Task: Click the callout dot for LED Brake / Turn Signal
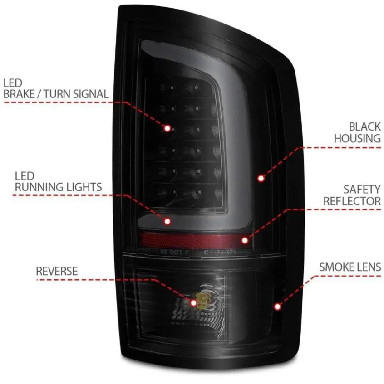[167, 128]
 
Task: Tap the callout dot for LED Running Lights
[167, 221]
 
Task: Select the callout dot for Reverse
[194, 303]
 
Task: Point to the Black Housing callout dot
[261, 178]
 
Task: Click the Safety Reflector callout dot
[245, 240]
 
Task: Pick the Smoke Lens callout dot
[278, 306]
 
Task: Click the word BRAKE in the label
[19, 94]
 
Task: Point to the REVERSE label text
[57, 271]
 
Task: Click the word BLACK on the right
[365, 127]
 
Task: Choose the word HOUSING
[358, 139]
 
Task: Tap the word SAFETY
[362, 190]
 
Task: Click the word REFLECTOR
[352, 201]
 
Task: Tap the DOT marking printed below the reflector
[176, 252]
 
